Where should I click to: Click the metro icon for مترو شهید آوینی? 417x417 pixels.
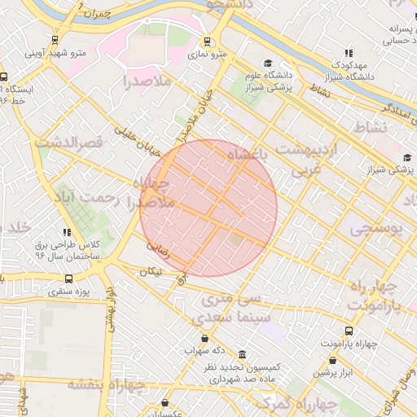coord(55,39)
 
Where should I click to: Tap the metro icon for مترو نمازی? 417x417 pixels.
coord(207,40)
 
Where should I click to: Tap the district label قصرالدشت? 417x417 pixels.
coord(69,143)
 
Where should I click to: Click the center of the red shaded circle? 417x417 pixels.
coord(208,208)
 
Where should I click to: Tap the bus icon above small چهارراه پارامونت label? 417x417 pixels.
coord(349,331)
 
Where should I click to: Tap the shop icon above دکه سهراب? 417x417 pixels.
coord(203,338)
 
